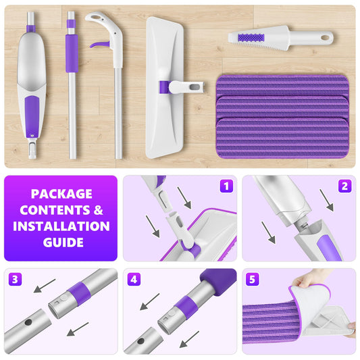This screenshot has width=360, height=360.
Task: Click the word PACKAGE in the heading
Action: [61, 193]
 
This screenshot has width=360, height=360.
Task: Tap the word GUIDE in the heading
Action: [61, 242]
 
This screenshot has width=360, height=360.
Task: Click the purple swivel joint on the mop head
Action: [164, 87]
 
